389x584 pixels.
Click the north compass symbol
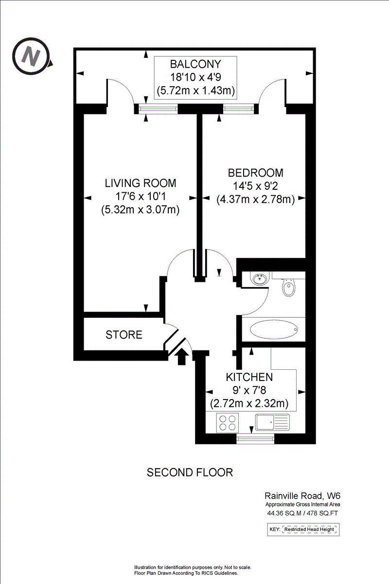point(31,56)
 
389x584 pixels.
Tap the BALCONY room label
point(195,64)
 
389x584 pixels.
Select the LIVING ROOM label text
point(141,183)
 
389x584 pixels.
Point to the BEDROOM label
point(255,173)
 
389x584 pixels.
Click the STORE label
point(124,335)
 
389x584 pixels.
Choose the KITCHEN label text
point(249,377)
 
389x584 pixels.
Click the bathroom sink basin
point(259,279)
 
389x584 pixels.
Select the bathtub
point(274,329)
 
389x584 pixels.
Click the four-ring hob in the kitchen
point(228,423)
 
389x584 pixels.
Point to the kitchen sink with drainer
point(272,422)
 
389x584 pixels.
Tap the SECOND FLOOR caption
point(190,473)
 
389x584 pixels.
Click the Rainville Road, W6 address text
point(302,495)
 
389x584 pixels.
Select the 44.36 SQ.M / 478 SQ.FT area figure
point(302,513)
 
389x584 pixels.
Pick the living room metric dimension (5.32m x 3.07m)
point(141,210)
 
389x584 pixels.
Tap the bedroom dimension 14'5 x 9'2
point(255,186)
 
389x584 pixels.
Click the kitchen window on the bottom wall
point(255,439)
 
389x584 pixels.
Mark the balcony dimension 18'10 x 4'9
point(195,77)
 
